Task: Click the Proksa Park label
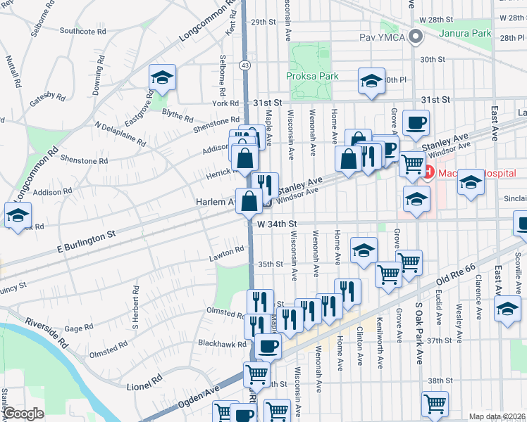(312, 76)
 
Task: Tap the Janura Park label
(464, 33)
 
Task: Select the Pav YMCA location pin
(416, 37)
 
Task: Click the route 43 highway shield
(244, 65)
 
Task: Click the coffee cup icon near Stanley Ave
(415, 122)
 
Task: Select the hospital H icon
(428, 171)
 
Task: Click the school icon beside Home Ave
(364, 250)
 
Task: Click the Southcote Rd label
(82, 31)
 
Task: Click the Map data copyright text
(496, 416)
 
